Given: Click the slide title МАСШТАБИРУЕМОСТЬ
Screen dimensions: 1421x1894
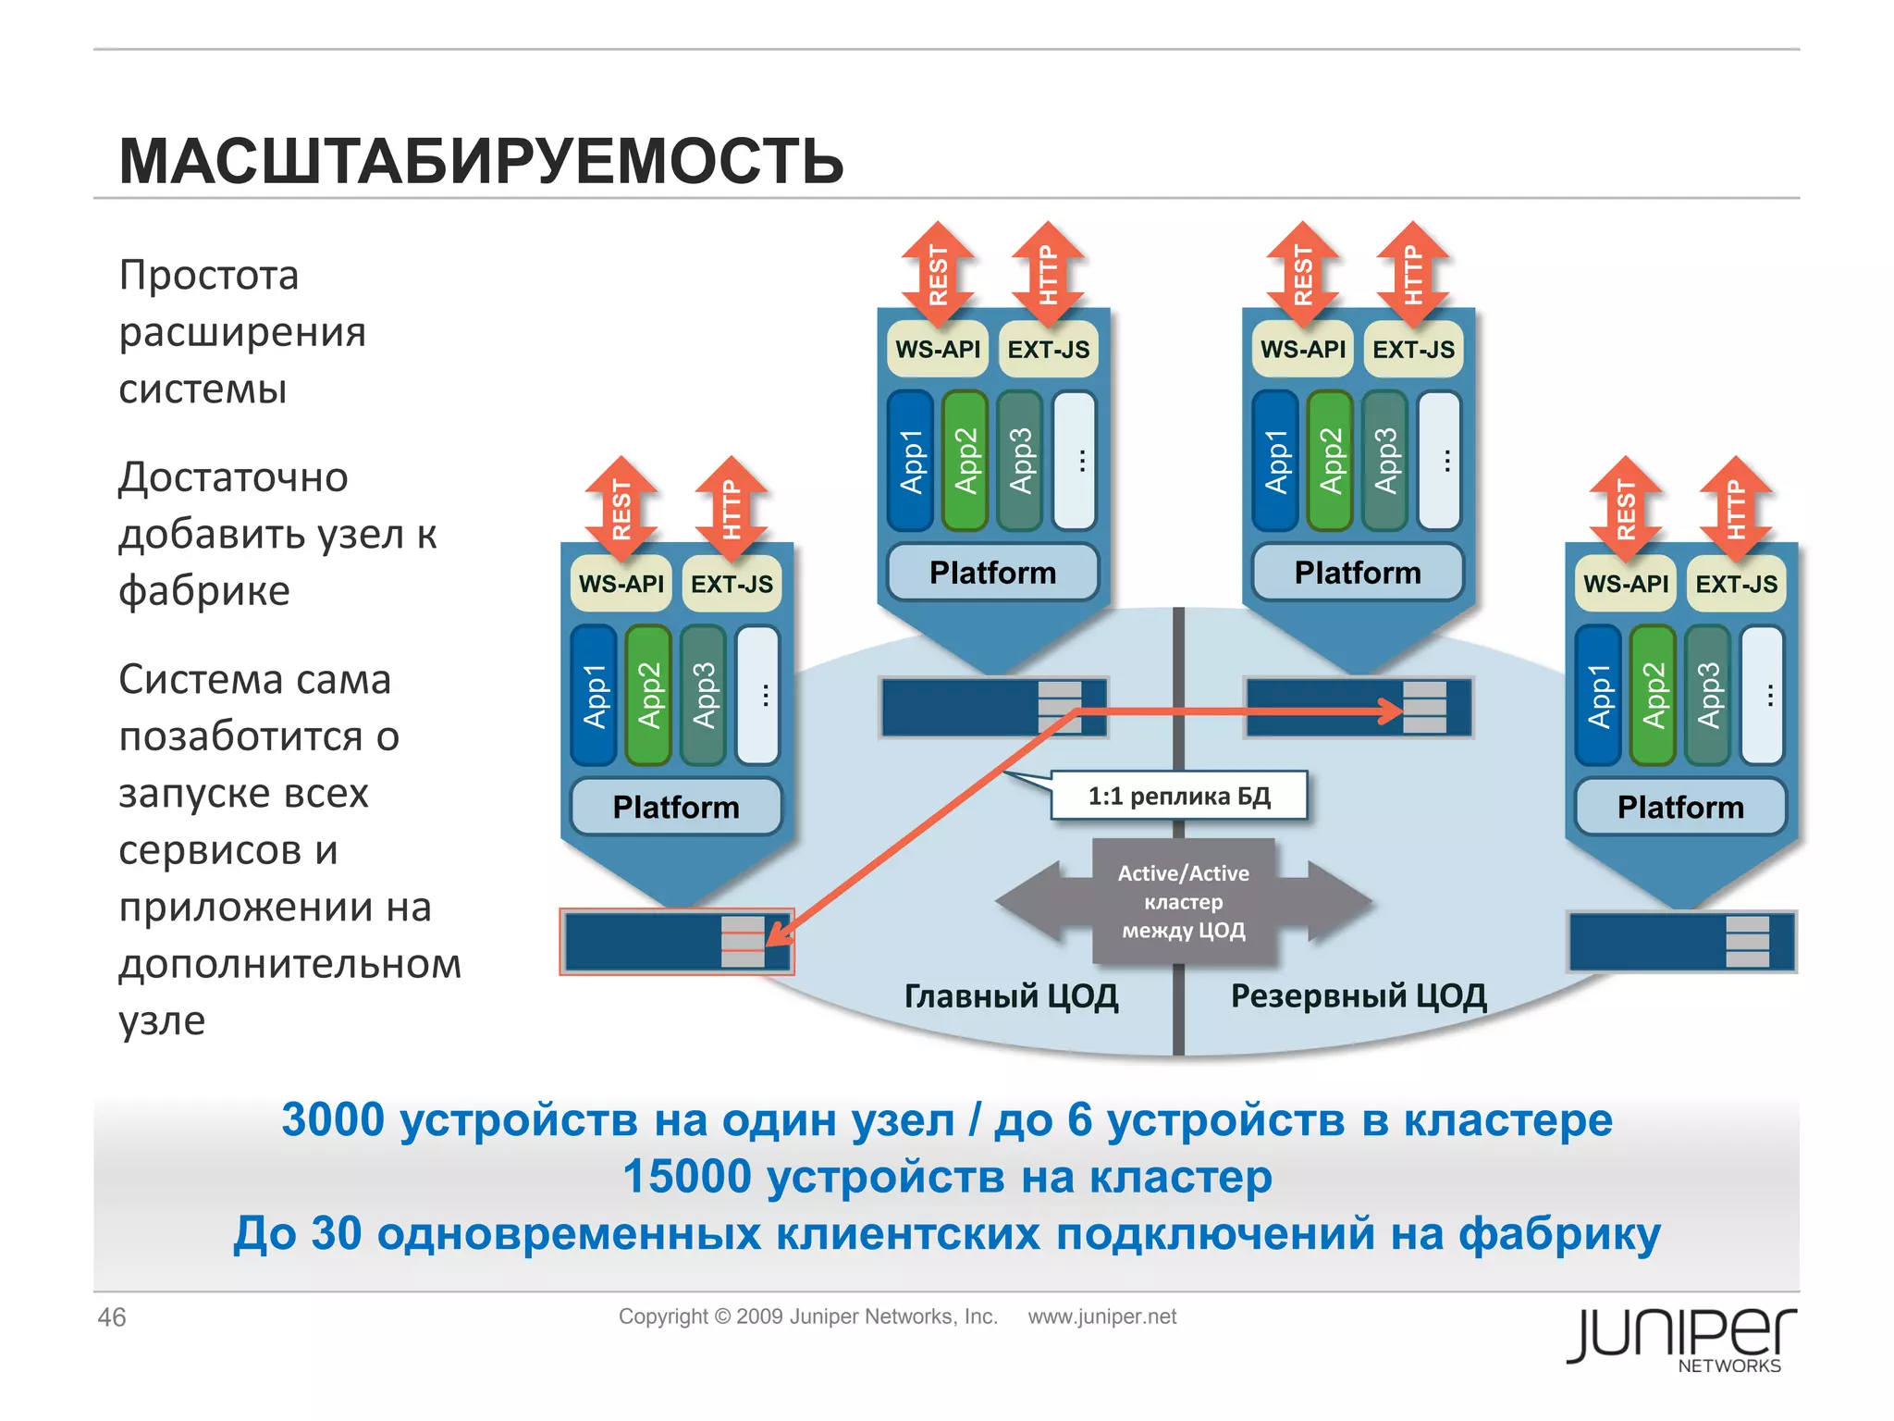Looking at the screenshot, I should point(481,162).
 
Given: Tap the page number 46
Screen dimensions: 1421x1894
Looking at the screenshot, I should point(112,1316).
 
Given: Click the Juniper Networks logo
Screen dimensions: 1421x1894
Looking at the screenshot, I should point(1680,1339).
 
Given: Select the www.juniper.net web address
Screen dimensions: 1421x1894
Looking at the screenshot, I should point(1101,1316).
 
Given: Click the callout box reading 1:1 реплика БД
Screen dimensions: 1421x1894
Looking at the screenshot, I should point(1179,796).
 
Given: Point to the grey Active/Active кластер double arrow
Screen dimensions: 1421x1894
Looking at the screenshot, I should point(1183,901).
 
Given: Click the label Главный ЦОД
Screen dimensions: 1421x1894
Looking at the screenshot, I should point(1011,995).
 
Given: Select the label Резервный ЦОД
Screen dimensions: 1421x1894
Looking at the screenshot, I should point(1358,995).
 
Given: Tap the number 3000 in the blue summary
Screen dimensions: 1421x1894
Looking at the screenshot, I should point(333,1119).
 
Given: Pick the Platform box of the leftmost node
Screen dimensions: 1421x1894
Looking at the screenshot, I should point(676,807).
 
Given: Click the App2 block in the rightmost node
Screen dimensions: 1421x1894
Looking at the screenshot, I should point(1653,695).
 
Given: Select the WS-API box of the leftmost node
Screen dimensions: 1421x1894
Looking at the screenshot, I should point(621,584).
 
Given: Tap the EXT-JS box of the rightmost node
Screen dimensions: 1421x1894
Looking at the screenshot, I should point(1736,584).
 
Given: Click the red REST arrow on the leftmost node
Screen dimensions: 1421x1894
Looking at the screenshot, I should point(621,509).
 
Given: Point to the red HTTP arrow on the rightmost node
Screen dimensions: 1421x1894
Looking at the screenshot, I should point(1736,509).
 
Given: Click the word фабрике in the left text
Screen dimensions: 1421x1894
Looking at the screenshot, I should point(204,590).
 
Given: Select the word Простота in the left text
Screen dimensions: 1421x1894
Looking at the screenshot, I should point(209,275).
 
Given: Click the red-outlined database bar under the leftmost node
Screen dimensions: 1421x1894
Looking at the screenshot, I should point(676,942).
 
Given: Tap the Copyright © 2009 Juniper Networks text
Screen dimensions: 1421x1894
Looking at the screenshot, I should point(807,1316).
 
